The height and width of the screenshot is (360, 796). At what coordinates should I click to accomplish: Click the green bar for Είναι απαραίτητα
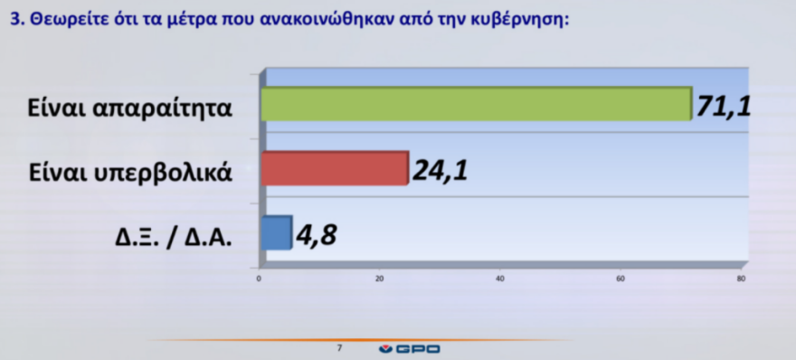tap(475, 104)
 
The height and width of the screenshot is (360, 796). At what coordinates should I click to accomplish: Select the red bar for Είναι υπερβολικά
tap(335, 168)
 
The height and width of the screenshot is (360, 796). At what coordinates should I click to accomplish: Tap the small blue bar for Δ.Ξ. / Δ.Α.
tap(276, 232)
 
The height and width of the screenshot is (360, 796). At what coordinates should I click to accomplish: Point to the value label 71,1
tap(725, 107)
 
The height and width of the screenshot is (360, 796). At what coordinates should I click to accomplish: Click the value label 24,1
tap(440, 169)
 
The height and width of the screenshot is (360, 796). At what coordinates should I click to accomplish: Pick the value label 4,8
tap(316, 236)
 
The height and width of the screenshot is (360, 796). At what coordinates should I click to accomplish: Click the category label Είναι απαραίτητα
tap(129, 109)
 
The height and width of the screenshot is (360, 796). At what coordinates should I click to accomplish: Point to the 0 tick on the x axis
tap(260, 277)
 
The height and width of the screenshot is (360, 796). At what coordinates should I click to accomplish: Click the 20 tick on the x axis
tap(380, 277)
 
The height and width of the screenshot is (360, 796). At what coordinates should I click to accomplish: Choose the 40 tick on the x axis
tap(500, 277)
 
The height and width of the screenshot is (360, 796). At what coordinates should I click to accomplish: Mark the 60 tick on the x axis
tap(621, 277)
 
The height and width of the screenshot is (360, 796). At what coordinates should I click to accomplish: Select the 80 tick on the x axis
tap(741, 277)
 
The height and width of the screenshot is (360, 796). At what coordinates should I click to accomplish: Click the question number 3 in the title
tap(14, 22)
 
